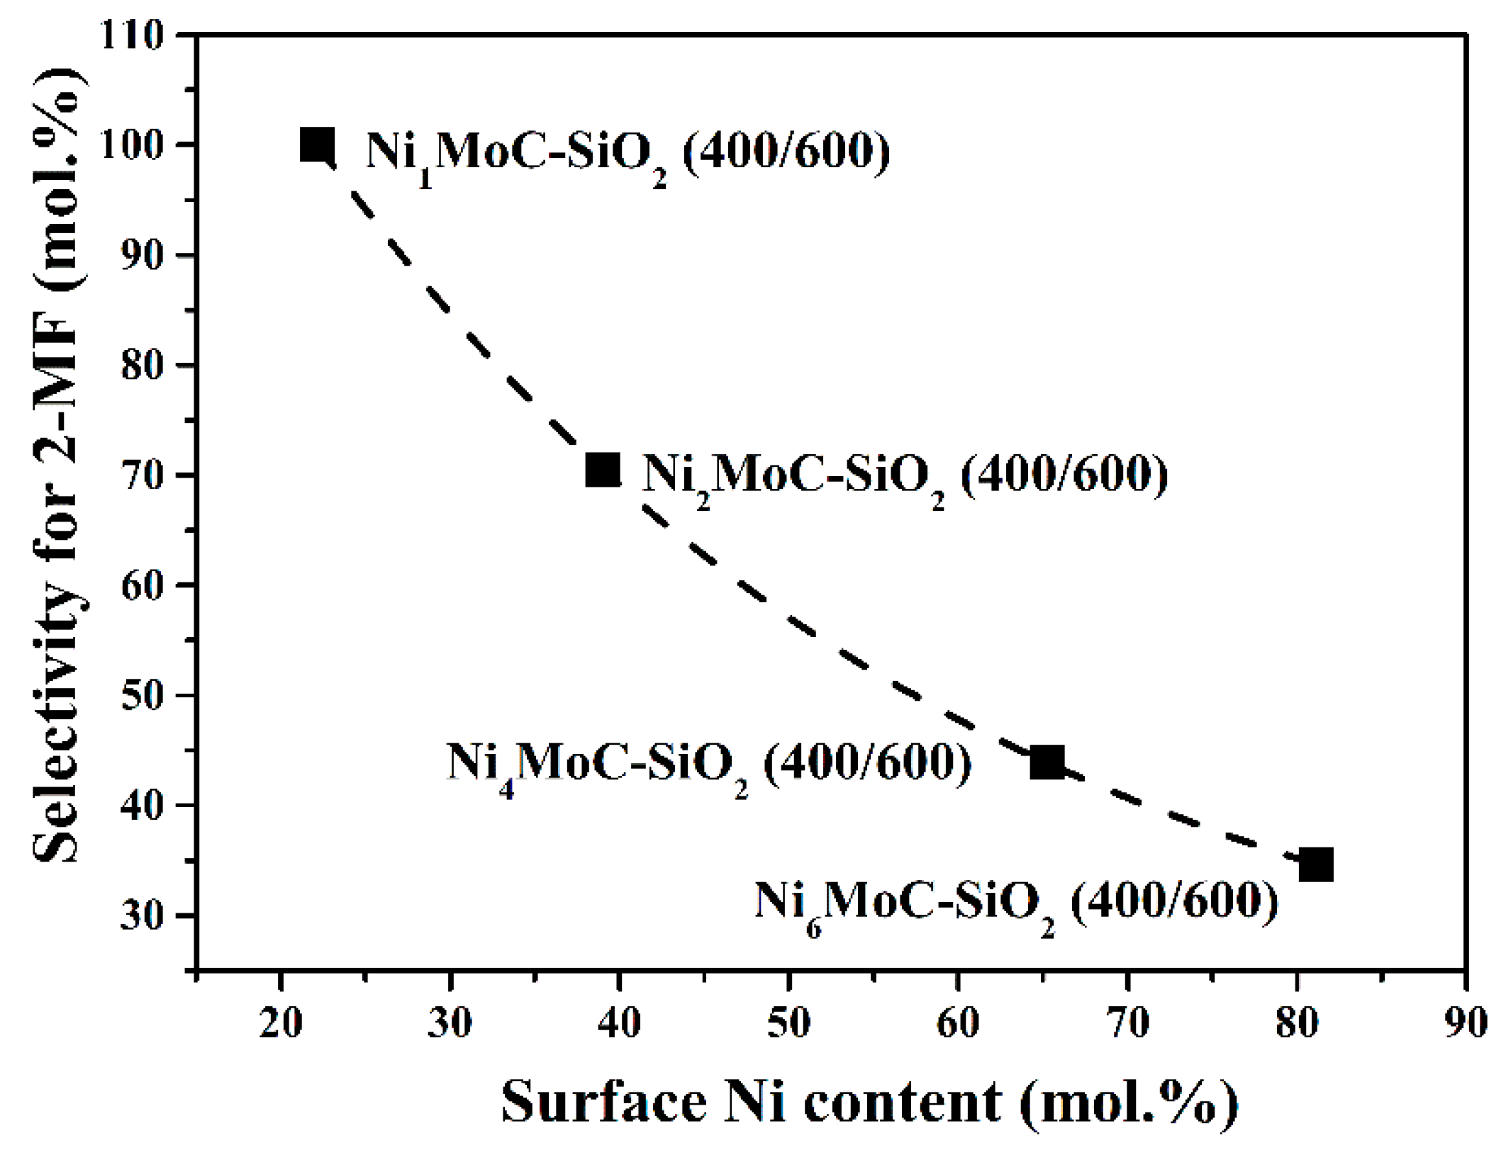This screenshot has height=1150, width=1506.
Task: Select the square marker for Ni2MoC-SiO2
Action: coord(603,470)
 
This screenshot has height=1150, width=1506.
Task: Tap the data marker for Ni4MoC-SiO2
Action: coord(1047,762)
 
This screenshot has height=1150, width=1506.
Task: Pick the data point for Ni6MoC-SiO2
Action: coord(1316,864)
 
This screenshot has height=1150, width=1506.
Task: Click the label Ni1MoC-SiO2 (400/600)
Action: coord(627,152)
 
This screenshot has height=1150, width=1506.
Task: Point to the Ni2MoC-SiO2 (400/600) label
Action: coord(905,475)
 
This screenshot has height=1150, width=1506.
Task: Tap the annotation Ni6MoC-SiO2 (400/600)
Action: coord(1016,903)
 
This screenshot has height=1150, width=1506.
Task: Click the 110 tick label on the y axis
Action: coord(133,35)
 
